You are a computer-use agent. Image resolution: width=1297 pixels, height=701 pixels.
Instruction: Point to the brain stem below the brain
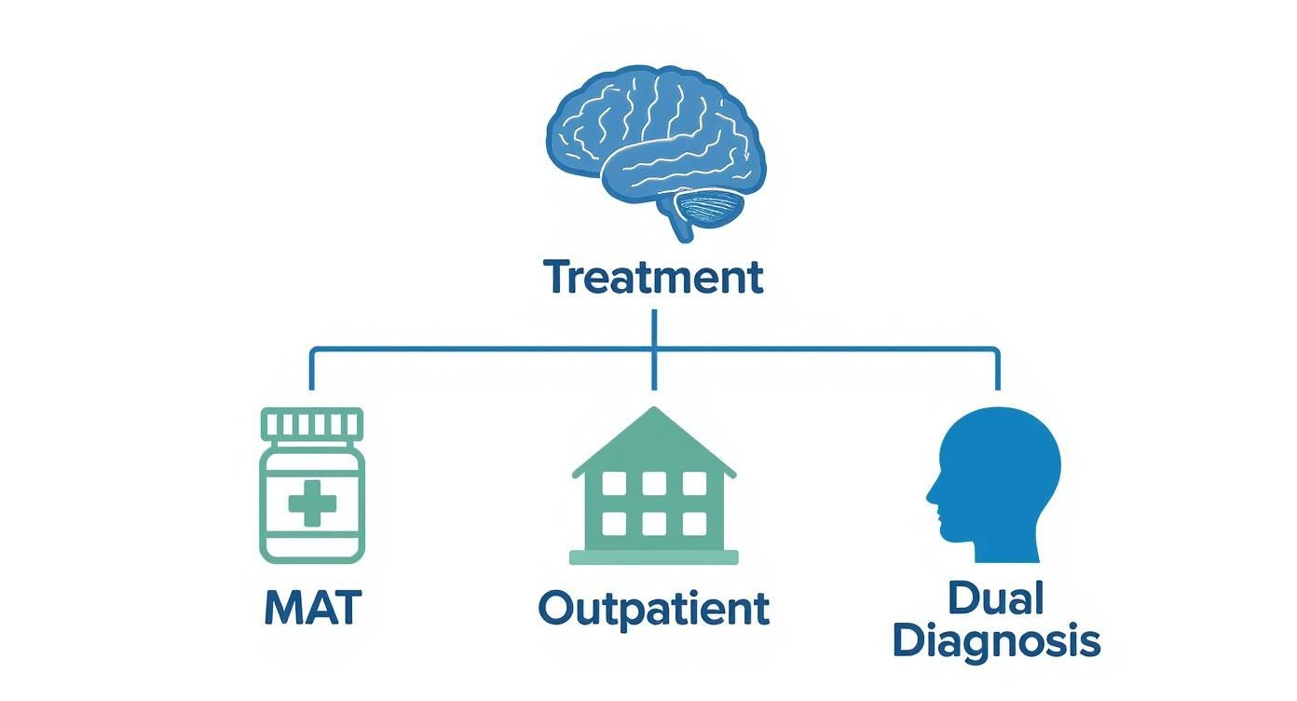tap(677, 227)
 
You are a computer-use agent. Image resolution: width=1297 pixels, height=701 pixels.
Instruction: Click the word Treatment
tap(653, 278)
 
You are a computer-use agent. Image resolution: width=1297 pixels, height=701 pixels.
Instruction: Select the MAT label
tap(312, 609)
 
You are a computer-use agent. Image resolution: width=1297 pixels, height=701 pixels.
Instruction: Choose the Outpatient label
tap(653, 609)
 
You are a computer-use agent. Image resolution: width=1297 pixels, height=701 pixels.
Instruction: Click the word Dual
tap(996, 599)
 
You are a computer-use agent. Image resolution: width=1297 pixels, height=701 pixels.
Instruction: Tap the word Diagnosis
tap(996, 642)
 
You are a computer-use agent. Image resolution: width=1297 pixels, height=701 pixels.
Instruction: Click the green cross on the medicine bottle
tap(312, 504)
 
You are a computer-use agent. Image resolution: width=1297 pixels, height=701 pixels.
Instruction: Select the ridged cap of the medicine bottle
tap(312, 424)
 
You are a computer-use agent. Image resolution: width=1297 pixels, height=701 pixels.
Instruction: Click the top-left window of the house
tap(613, 483)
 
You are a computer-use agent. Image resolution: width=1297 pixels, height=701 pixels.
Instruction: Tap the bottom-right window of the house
tap(694, 523)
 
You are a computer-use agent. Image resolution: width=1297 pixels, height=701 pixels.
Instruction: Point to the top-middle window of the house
tap(653, 483)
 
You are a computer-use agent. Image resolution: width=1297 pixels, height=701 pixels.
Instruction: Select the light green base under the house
tap(653, 557)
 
